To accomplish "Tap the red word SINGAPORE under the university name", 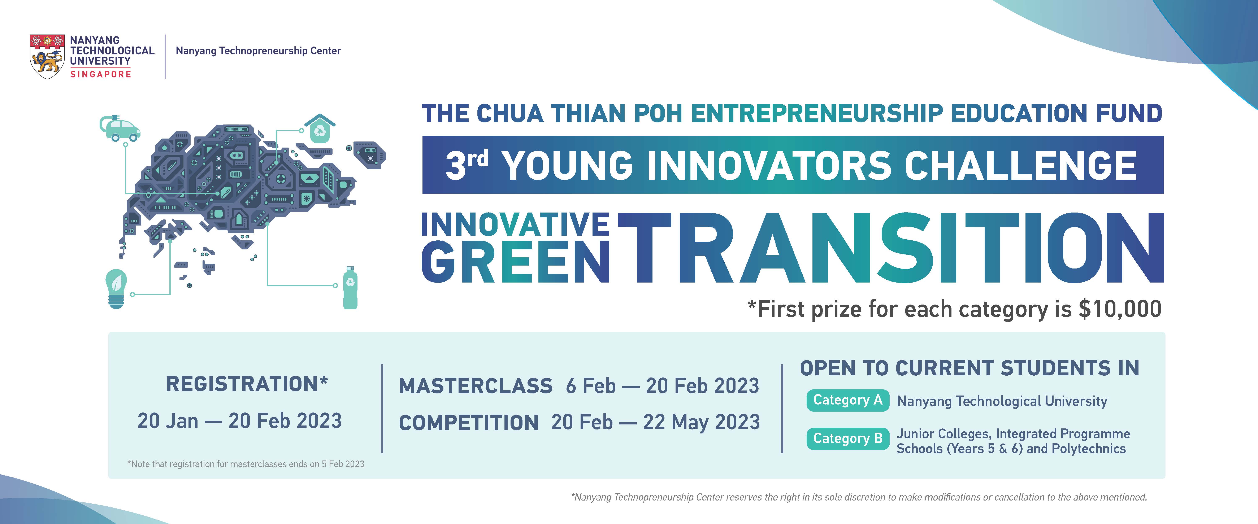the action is point(101,74).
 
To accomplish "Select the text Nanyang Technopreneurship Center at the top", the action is point(258,51).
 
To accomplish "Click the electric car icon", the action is point(120,128).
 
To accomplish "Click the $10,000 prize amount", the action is point(1120,309).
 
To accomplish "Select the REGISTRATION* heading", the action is point(247,384).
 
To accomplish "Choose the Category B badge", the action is point(848,438).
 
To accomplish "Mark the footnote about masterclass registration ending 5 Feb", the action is point(246,464).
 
